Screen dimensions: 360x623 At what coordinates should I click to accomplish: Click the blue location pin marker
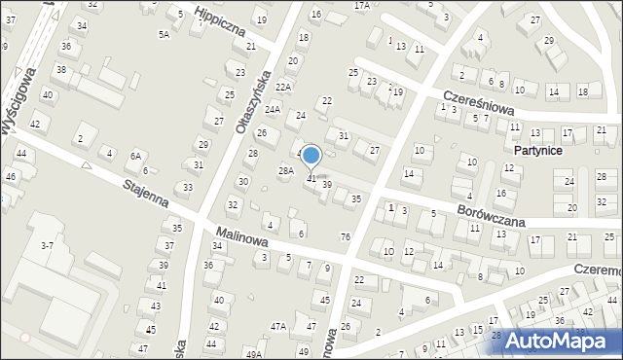(x=311, y=156)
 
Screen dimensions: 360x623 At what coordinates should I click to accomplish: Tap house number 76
(x=346, y=237)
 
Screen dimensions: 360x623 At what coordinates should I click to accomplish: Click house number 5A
(x=164, y=34)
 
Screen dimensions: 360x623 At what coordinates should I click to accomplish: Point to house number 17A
(x=362, y=6)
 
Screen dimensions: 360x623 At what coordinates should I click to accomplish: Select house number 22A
(x=283, y=88)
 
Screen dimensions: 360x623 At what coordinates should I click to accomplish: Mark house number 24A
(x=273, y=110)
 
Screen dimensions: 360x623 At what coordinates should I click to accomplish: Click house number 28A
(x=286, y=171)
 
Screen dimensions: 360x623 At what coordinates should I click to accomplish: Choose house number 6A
(x=136, y=156)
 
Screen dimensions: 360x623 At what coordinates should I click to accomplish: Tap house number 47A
(x=278, y=327)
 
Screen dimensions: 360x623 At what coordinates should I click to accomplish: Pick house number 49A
(x=253, y=354)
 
